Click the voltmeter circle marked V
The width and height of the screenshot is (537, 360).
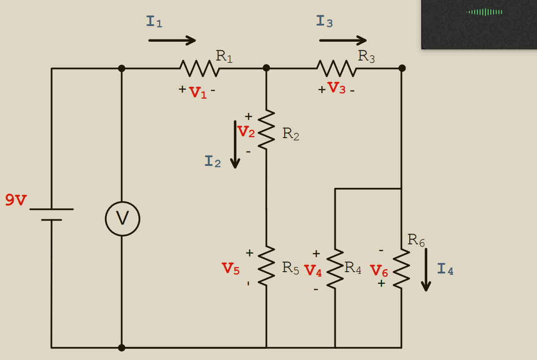[122, 219]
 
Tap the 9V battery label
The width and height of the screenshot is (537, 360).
[16, 200]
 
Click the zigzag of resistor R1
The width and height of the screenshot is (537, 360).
[199, 69]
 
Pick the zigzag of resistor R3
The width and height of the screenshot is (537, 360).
[337, 69]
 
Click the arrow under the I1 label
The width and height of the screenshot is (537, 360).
[172, 40]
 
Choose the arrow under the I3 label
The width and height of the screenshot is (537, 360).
[343, 40]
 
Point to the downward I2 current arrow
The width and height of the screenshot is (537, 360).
[235, 144]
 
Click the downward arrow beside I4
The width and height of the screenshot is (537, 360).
[426, 269]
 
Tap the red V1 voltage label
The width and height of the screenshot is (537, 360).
[198, 92]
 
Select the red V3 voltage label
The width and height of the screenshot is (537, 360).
[336, 88]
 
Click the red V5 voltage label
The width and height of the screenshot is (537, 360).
[231, 269]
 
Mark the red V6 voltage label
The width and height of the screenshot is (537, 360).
[379, 271]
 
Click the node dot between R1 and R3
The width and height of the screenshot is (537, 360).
[266, 68]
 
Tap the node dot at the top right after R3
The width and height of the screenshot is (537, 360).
[402, 68]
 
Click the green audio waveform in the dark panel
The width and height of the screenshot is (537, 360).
[484, 12]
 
